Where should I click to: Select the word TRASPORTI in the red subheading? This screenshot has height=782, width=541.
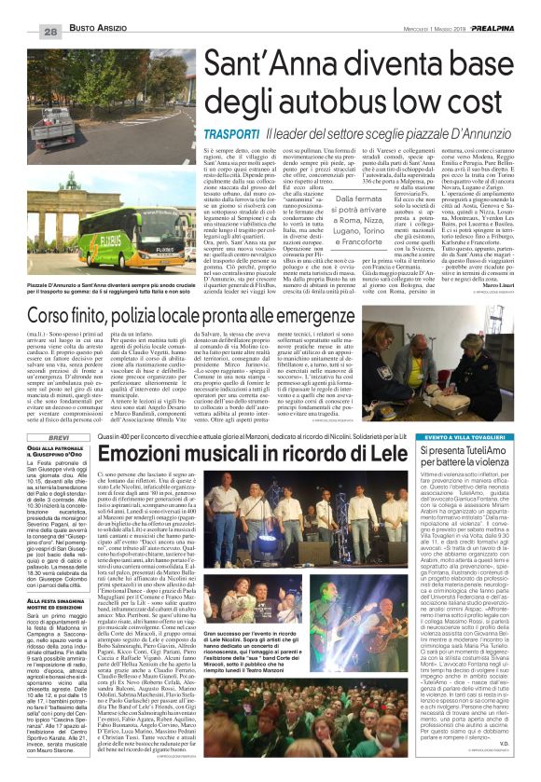click(202, 135)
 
